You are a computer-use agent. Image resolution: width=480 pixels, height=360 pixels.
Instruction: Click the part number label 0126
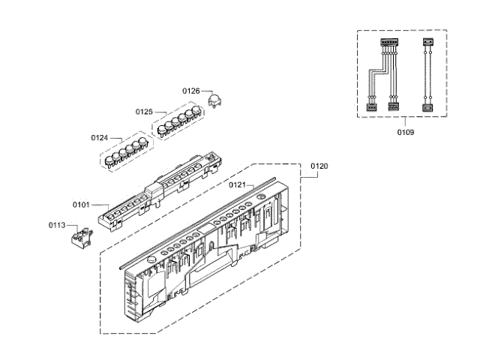coord(191,91)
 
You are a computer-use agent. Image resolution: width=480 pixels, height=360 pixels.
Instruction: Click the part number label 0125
coord(145,112)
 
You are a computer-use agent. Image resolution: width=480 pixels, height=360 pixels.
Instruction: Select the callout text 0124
coord(100,138)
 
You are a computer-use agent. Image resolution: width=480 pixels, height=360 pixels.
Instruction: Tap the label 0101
coord(81,204)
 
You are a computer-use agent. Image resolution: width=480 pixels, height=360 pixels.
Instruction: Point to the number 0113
coord(57,224)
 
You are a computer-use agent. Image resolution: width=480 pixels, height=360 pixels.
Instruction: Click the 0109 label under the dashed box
coord(406,132)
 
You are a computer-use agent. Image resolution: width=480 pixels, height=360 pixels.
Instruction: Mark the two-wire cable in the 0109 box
coord(427,75)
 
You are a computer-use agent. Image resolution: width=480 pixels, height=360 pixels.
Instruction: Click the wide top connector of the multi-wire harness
coord(388,44)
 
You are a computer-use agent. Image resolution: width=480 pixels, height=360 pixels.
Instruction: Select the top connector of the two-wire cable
coord(427,43)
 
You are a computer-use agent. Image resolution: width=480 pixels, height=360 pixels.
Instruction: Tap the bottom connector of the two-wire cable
coord(427,107)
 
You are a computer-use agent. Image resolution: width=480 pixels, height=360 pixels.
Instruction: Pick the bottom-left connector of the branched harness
coord(370,107)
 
